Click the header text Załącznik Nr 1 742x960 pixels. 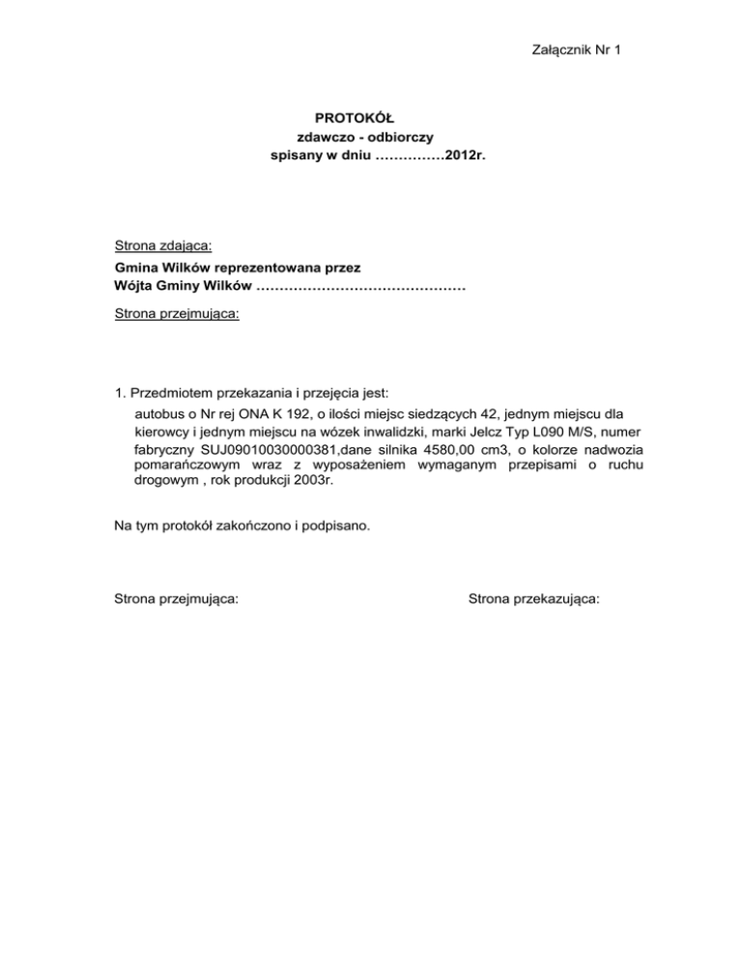pyautogui.click(x=575, y=49)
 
